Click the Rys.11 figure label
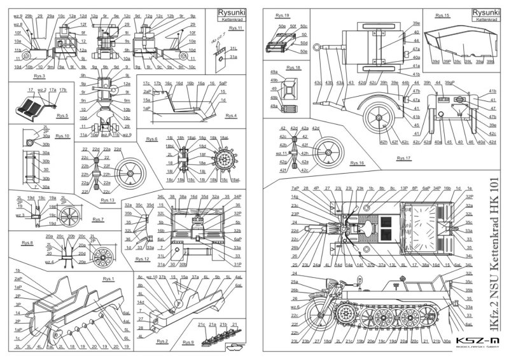236,28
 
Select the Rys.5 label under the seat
62,116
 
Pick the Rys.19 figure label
282,14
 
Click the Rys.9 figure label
187,343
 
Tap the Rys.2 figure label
162,342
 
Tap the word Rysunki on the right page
487,11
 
